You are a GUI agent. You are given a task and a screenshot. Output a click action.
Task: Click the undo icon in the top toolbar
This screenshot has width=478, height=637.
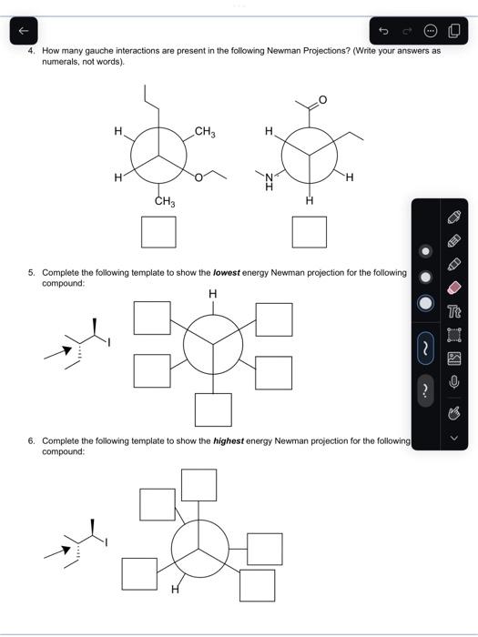(383, 32)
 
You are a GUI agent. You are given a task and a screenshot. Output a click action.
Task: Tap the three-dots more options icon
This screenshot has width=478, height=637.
(431, 32)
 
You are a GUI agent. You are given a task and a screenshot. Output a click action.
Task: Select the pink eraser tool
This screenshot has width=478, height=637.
(455, 286)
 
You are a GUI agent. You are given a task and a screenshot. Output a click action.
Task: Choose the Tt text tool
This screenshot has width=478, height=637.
(455, 310)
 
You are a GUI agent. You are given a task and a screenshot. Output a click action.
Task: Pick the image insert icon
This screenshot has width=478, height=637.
(455, 359)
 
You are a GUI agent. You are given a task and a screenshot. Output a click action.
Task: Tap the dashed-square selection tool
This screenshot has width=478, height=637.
(455, 335)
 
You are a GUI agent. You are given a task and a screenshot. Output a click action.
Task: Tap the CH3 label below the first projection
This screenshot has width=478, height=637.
(165, 202)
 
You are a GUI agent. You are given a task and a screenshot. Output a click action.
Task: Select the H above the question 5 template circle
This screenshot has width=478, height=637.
(213, 294)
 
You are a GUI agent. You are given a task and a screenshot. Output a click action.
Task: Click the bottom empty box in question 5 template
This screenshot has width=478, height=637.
(213, 409)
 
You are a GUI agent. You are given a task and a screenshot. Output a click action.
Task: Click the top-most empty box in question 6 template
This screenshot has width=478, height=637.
(199, 484)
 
